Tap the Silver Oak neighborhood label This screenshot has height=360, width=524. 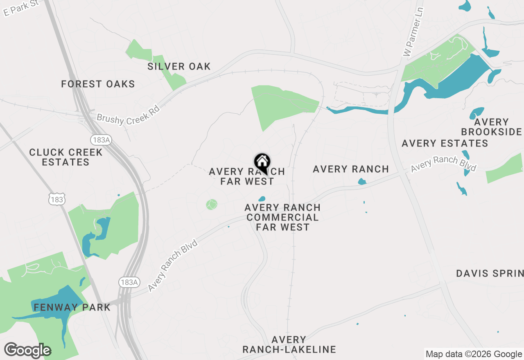click(179, 66)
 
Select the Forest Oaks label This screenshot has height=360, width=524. click(98, 84)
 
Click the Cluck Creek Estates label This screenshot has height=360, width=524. click(66, 157)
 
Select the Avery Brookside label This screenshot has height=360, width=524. click(491, 127)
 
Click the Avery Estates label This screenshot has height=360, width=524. click(445, 143)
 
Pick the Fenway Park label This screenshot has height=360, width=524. click(72, 307)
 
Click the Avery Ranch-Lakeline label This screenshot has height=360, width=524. click(289, 344)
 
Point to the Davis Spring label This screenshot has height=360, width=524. click(490, 273)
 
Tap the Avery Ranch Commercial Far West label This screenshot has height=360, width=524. click(282, 217)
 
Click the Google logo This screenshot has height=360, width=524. click(27, 350)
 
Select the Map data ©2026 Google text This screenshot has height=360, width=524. click(473, 354)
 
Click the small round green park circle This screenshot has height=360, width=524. click(212, 204)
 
